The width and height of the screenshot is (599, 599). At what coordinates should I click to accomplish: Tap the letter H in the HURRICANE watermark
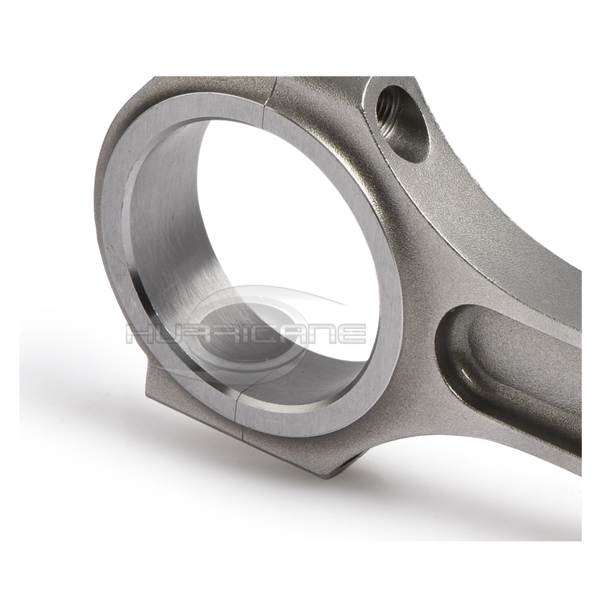[140, 333]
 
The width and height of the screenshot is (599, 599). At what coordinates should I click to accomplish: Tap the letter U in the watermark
[168, 333]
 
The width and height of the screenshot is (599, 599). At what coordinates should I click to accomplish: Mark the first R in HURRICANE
[196, 333]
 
